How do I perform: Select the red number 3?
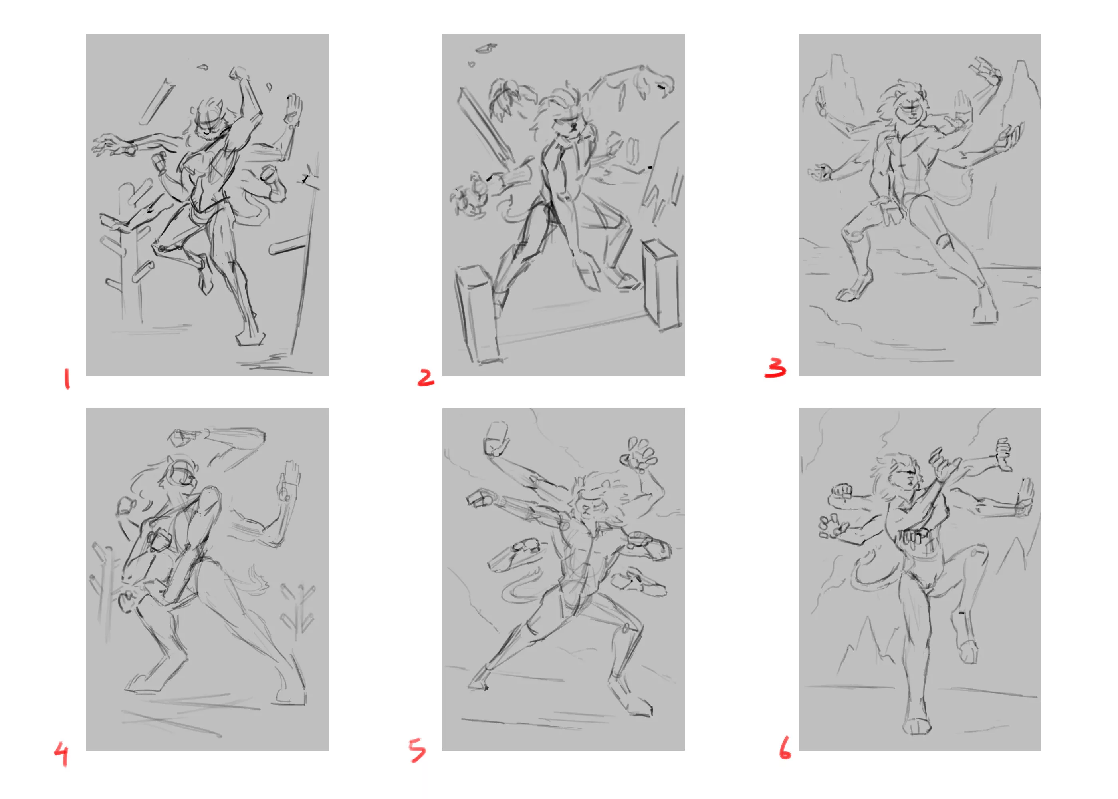tap(775, 368)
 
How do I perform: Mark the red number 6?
tap(785, 748)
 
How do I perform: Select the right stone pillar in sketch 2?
tap(661, 283)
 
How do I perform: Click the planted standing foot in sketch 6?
tap(917, 726)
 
